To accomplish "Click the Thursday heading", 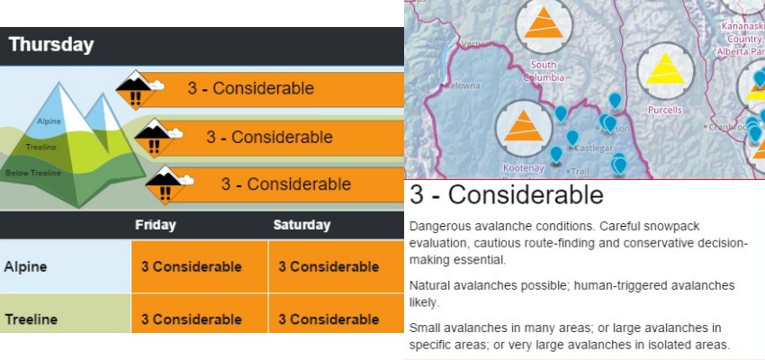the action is pyautogui.click(x=51, y=45).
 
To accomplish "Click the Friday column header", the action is pyautogui.click(x=156, y=225).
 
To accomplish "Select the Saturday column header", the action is pyautogui.click(x=301, y=225).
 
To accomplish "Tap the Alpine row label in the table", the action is pyautogui.click(x=25, y=266).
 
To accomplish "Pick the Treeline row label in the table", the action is pyautogui.click(x=31, y=319).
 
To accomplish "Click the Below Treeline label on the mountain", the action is pyautogui.click(x=33, y=173).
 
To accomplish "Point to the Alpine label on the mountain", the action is pyautogui.click(x=49, y=121).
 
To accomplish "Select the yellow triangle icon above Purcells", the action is pyautogui.click(x=664, y=70).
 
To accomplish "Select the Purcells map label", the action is pyautogui.click(x=664, y=110).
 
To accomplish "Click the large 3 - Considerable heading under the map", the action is pyautogui.click(x=507, y=195).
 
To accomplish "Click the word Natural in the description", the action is pyautogui.click(x=426, y=285).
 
